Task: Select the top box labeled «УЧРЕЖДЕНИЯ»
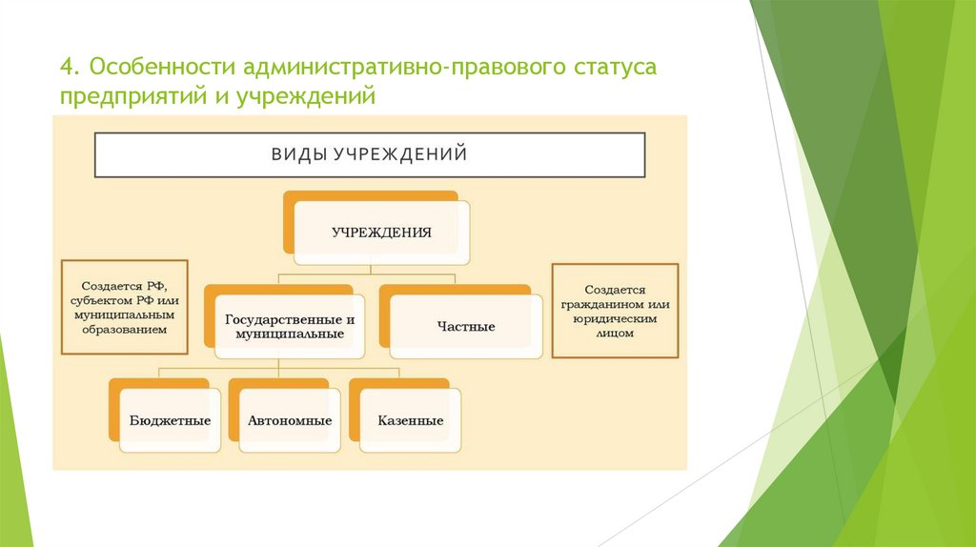click(381, 232)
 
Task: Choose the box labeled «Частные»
click(466, 326)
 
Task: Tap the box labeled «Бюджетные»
click(170, 419)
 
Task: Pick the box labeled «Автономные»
click(290, 419)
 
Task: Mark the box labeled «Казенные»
click(410, 419)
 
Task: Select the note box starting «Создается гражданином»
click(616, 311)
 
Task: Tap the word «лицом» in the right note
click(616, 334)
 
